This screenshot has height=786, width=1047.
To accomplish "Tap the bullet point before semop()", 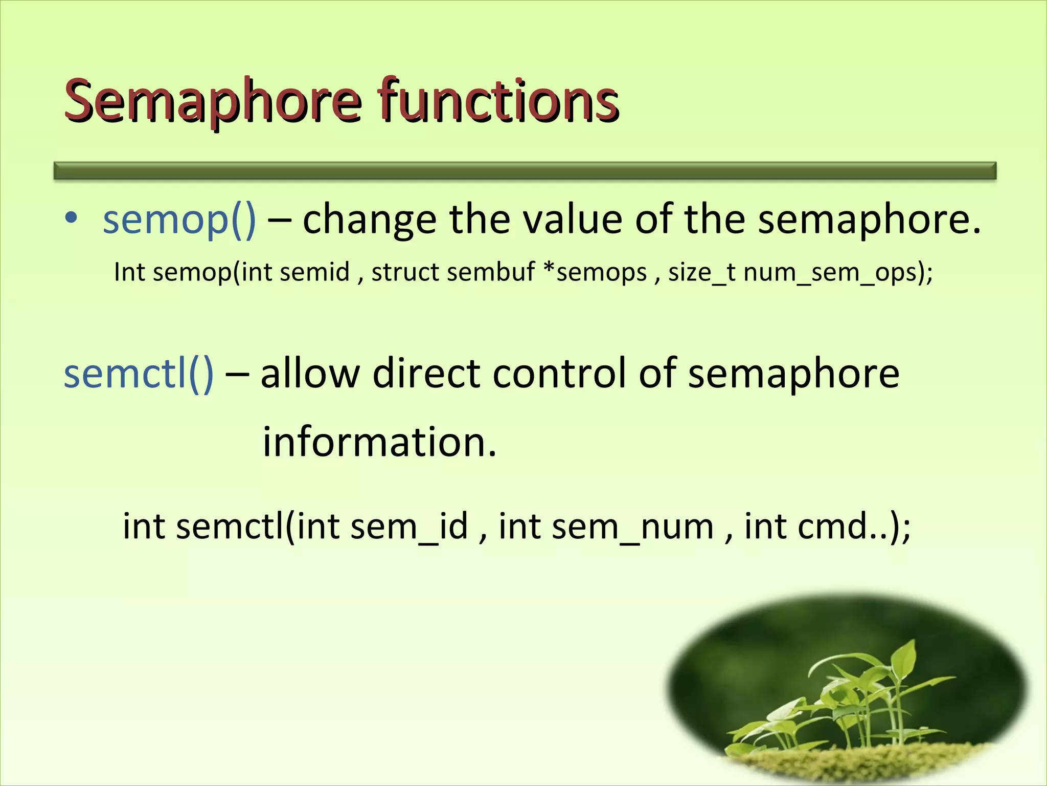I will (x=71, y=217).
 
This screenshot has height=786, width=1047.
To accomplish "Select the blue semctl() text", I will (x=139, y=374).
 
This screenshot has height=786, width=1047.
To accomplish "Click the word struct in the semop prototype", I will (x=403, y=272).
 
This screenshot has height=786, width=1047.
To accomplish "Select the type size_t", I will (x=702, y=272).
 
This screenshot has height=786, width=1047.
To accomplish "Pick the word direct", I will (x=426, y=374).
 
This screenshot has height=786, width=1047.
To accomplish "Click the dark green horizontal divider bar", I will (x=525, y=170).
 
